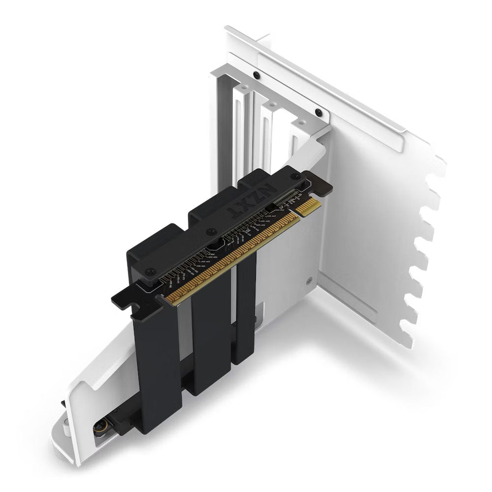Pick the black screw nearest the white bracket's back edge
(256, 75)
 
